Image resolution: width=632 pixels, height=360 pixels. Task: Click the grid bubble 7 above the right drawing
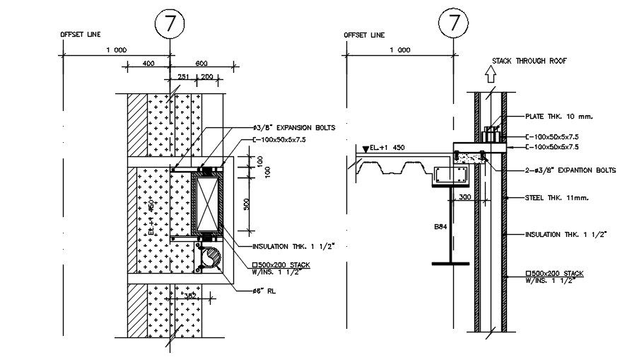point(453,23)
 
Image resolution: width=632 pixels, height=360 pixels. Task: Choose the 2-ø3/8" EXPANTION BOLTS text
point(571,170)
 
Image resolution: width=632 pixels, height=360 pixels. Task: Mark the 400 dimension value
point(148,64)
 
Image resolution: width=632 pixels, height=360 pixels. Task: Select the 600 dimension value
point(202,64)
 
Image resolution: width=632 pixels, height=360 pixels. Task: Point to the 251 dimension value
point(182,76)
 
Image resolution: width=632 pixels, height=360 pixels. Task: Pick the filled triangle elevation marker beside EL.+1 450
point(365,149)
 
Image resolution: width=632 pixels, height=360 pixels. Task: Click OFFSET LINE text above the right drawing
point(364,34)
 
